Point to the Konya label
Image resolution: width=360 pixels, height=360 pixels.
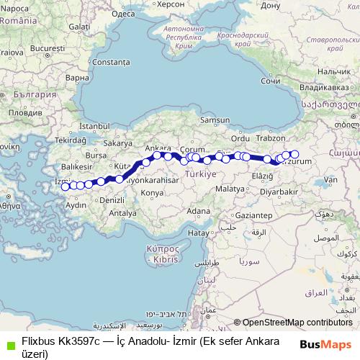[152, 193]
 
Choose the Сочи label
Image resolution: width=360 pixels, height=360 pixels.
[270, 81]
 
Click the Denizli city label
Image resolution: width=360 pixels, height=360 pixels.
[112, 199]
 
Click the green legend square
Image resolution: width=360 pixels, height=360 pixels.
[9, 343]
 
